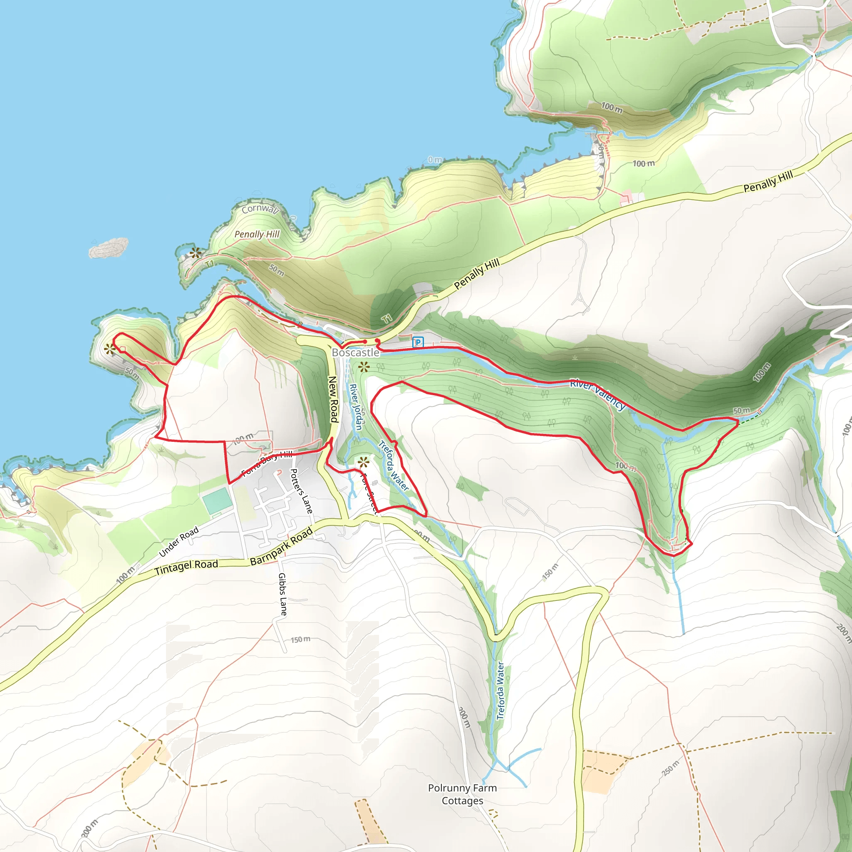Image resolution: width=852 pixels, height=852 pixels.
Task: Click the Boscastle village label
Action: pos(355,352)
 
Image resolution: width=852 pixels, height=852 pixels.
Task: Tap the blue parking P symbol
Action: pos(418,342)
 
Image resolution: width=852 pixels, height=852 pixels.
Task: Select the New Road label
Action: pos(333,399)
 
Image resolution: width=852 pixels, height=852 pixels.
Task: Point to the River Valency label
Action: pos(597,394)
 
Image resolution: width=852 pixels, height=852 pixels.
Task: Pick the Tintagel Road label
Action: pos(186,567)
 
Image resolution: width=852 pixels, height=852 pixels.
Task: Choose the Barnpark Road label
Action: pos(281,546)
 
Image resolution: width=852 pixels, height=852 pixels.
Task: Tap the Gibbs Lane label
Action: pos(282,594)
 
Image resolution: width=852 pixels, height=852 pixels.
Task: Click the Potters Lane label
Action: pos(301,491)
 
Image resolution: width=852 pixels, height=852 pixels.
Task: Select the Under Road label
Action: pos(178,542)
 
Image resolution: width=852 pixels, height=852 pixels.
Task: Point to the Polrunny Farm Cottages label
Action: pos(462,794)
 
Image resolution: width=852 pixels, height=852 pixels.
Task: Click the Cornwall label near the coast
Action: pos(260,208)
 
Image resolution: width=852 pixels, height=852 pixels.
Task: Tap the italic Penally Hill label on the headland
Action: pos(257,234)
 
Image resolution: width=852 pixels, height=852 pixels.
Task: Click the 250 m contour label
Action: pos(670,769)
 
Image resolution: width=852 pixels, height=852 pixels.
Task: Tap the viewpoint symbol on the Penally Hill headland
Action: pos(196,253)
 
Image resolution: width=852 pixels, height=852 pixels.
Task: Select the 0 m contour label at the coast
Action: pos(434,160)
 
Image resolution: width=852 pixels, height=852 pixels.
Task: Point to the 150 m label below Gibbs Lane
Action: pos(300,639)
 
